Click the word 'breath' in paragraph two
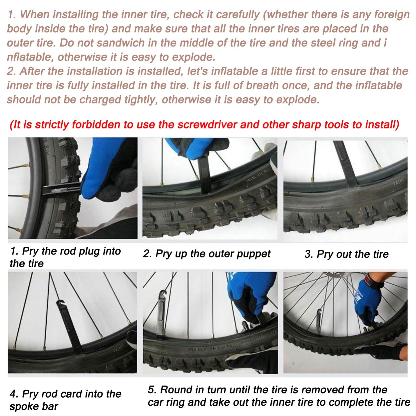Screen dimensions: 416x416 click(262, 86)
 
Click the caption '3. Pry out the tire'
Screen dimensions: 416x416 click(346, 254)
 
